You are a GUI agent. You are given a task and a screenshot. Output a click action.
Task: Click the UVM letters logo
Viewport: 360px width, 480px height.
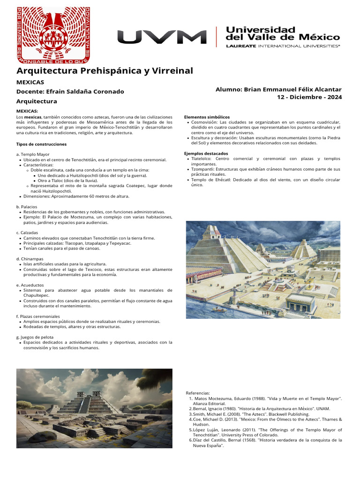click(162, 37)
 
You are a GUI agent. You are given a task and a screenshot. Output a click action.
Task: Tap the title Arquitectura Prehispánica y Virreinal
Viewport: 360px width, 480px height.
click(105, 71)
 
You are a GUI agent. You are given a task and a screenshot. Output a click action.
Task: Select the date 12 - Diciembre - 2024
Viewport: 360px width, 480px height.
click(309, 97)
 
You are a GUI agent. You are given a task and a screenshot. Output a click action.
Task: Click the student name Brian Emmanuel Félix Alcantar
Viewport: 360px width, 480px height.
click(278, 89)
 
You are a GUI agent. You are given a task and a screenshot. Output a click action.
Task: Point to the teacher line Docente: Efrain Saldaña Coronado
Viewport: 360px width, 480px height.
click(70, 91)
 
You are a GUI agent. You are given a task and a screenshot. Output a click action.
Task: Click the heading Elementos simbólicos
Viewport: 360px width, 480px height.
click(207, 117)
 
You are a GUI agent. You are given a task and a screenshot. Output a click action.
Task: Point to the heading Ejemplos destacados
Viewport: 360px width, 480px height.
click(206, 153)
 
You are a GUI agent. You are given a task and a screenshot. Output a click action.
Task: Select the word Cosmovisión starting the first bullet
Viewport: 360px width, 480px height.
click(204, 122)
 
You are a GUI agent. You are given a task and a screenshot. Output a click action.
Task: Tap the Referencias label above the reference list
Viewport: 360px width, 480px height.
click(198, 393)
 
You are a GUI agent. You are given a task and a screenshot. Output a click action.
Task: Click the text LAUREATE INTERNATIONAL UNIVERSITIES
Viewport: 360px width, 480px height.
click(283, 46)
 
